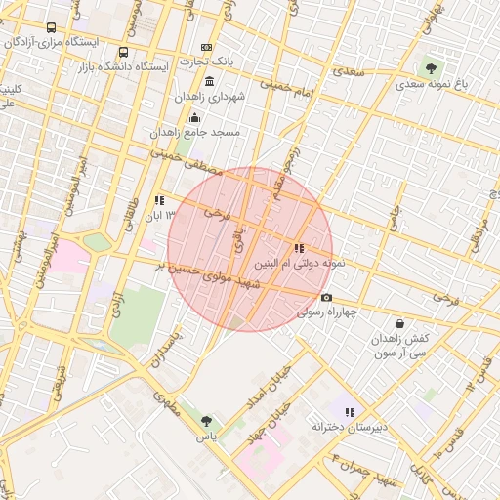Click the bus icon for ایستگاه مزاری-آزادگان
51,28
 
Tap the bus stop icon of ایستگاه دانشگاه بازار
123,53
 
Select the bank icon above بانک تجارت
206,47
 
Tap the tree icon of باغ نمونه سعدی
431,68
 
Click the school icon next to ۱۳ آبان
160,200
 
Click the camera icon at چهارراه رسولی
326,298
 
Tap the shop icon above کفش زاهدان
399,323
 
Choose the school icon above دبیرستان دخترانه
350,411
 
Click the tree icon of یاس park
206,421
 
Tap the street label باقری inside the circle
237,238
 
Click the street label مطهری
167,404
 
